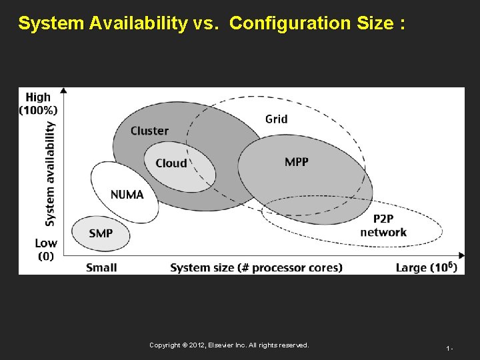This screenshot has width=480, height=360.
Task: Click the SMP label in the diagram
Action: (101, 233)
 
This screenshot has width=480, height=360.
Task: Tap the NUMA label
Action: (127, 194)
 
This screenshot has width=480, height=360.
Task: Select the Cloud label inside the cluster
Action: (171, 163)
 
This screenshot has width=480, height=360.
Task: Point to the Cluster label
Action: (149, 131)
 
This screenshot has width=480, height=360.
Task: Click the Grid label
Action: (276, 119)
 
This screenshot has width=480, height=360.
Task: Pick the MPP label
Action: (296, 162)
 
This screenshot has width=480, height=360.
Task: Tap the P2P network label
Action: (383, 225)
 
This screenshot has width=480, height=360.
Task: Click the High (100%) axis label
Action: (38, 103)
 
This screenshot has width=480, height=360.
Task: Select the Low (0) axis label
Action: (46, 249)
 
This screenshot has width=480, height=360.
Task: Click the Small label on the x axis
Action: (101, 267)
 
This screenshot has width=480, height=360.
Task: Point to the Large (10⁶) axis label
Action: (426, 267)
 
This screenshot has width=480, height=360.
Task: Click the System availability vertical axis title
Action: (50, 173)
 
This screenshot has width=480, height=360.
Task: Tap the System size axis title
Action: (256, 267)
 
